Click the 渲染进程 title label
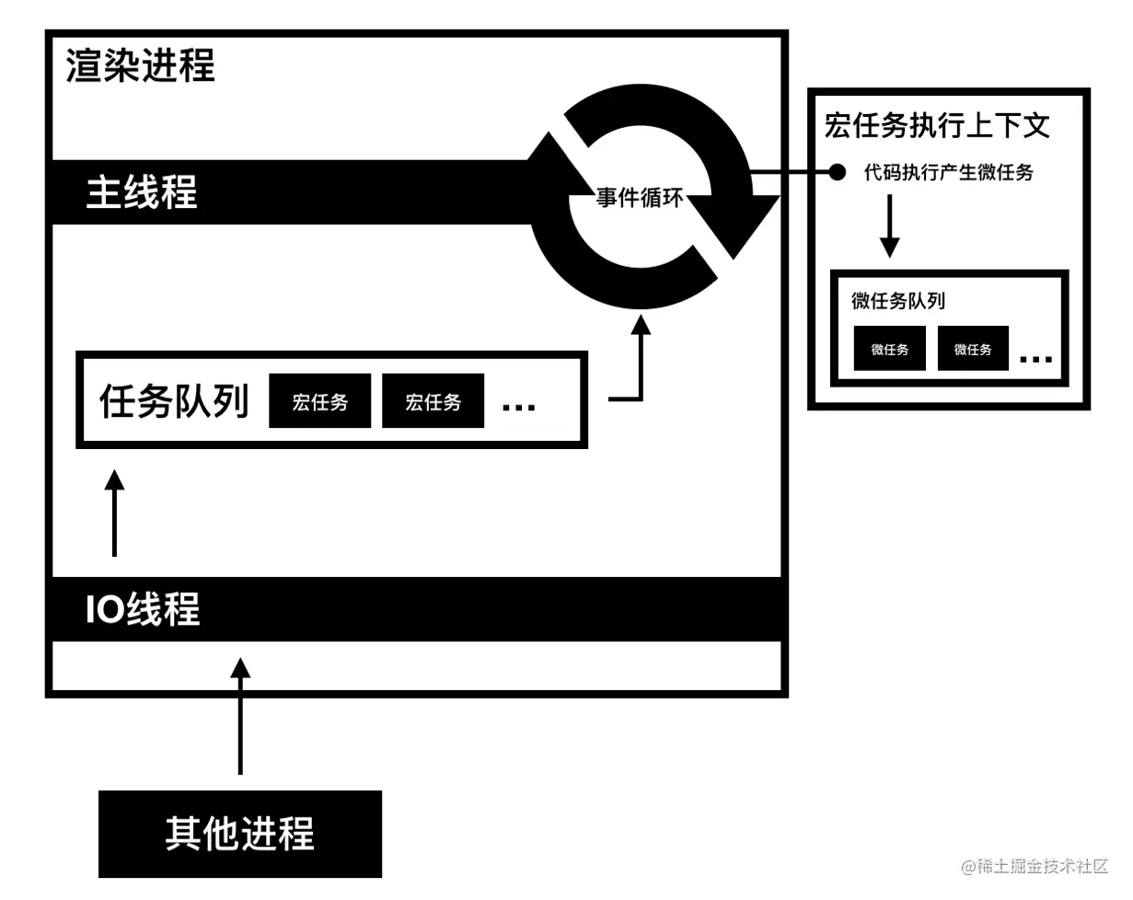[141, 67]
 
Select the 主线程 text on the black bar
[142, 193]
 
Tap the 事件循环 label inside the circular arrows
[640, 196]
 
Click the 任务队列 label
[174, 401]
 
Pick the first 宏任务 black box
[319, 401]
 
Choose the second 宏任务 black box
[433, 401]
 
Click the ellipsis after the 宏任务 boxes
[519, 406]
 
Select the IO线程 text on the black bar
[144, 610]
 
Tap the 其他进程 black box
[240, 834]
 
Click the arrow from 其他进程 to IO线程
[240, 718]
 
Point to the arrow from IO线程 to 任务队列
[114, 515]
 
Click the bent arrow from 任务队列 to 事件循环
[640, 368]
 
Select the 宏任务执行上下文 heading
[937, 126]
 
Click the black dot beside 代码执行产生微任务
[837, 172]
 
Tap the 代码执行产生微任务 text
[948, 172]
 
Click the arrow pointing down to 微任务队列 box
[889, 225]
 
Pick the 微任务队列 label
[898, 301]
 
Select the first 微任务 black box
[889, 349]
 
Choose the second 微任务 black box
[973, 349]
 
